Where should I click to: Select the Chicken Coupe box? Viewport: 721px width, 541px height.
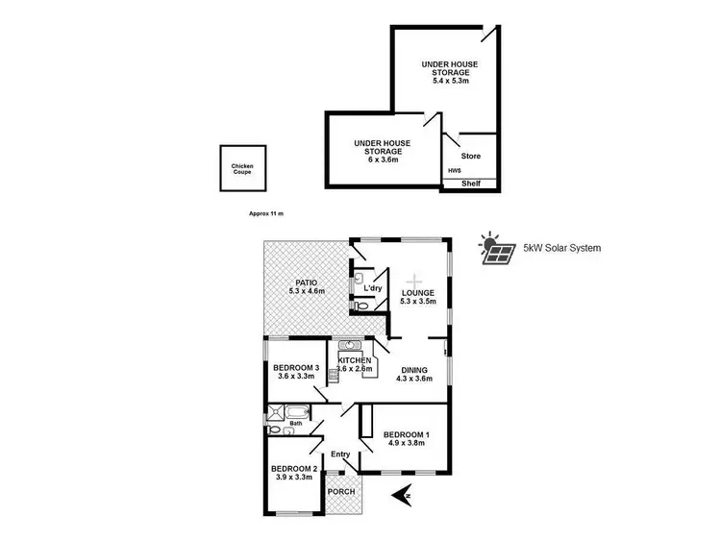click(242, 168)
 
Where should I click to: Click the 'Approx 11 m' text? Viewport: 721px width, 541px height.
click(266, 213)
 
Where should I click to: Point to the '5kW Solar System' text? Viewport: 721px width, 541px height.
click(562, 248)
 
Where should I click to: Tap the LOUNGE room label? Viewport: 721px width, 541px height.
click(418, 293)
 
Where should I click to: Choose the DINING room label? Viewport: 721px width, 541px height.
click(416, 368)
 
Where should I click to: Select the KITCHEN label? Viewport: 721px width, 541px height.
click(355, 360)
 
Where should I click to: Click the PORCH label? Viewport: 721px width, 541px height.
click(342, 492)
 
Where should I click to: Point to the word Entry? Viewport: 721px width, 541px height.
click(340, 455)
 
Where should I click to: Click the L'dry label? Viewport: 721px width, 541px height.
click(373, 287)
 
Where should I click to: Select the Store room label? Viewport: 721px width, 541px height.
click(470, 156)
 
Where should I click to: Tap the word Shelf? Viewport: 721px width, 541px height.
click(471, 184)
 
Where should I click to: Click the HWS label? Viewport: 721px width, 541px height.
click(454, 172)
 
